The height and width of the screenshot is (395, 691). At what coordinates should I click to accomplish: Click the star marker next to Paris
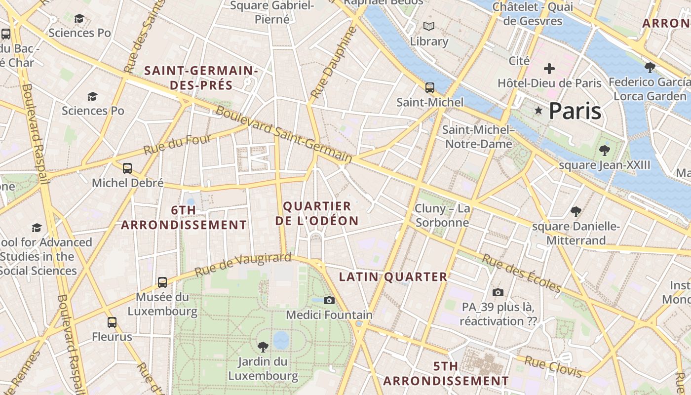click(x=538, y=111)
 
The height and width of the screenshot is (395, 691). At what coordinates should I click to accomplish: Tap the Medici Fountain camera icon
click(x=329, y=300)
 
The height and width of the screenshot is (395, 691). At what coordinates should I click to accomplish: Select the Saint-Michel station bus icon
click(x=430, y=88)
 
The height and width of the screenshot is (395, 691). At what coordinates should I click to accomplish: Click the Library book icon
click(x=429, y=27)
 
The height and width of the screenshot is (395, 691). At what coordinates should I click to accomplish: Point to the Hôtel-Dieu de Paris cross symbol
click(x=549, y=69)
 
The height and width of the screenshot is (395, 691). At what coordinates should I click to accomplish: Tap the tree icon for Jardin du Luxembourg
click(x=263, y=347)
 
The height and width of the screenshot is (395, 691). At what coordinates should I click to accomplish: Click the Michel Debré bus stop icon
click(x=127, y=168)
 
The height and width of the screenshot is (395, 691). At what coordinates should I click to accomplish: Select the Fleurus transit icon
click(x=112, y=322)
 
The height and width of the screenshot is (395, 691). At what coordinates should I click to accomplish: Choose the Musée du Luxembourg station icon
click(x=162, y=282)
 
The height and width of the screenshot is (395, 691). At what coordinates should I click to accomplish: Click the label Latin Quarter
click(x=393, y=277)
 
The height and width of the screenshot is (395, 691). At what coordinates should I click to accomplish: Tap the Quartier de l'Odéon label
click(x=317, y=213)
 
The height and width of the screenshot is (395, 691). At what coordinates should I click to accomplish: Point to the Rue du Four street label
click(x=177, y=144)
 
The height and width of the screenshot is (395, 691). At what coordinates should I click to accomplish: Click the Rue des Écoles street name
click(x=522, y=274)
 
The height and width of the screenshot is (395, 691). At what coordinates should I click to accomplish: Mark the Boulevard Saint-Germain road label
click(x=284, y=135)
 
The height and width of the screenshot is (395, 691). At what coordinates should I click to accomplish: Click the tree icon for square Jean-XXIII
click(x=604, y=150)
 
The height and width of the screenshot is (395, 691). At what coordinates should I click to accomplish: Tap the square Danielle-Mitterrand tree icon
click(x=575, y=212)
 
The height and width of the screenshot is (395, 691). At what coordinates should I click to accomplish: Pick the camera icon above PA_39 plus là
click(x=498, y=292)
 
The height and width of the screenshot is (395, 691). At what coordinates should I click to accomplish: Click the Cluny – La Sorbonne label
click(x=442, y=216)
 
